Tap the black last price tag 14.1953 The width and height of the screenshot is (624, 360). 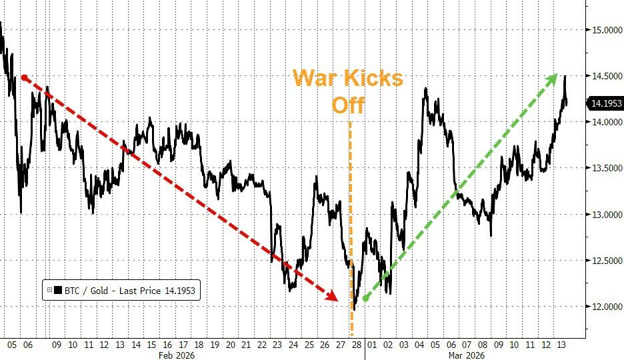(604, 103)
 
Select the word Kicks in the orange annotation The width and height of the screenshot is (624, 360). (376, 79)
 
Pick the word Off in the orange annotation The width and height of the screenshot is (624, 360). (349, 105)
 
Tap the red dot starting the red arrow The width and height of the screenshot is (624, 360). (25, 77)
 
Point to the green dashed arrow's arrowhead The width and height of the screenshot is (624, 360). (552, 79)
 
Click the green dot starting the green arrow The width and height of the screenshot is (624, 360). (365, 298)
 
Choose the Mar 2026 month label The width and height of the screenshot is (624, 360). (465, 355)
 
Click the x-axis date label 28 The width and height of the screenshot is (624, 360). (356, 345)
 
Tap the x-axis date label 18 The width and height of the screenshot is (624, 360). (199, 345)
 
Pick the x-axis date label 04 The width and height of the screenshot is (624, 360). (419, 345)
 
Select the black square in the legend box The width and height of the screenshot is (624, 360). (57, 290)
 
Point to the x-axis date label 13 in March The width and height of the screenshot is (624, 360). (561, 345)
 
